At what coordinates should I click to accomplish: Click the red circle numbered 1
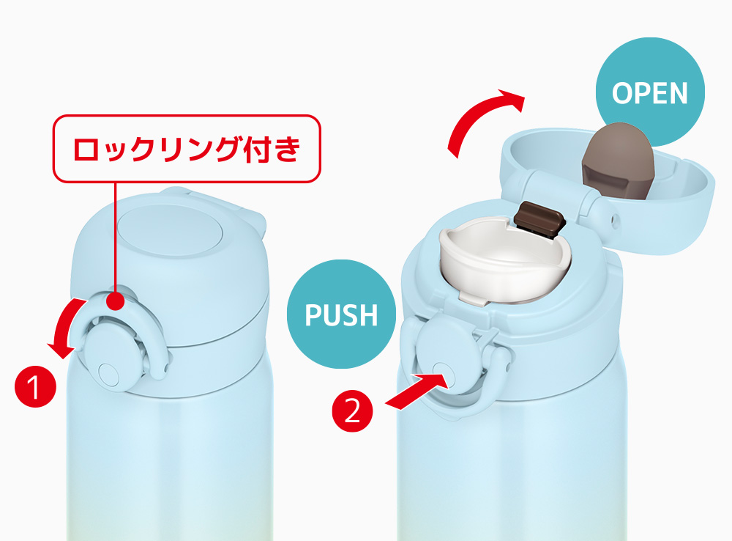35,386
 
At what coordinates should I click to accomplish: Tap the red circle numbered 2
353,411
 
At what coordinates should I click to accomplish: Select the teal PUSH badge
341,314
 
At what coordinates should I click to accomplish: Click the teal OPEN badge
650,92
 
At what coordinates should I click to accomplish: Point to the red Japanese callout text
187,149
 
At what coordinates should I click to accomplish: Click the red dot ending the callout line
116,300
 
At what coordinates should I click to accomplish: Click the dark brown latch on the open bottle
539,217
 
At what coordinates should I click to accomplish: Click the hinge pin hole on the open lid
614,218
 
